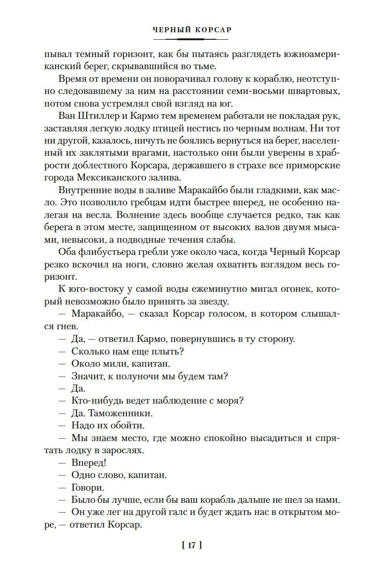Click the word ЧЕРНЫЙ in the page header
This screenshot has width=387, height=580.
click(171, 29)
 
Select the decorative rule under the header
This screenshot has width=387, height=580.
click(193, 39)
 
